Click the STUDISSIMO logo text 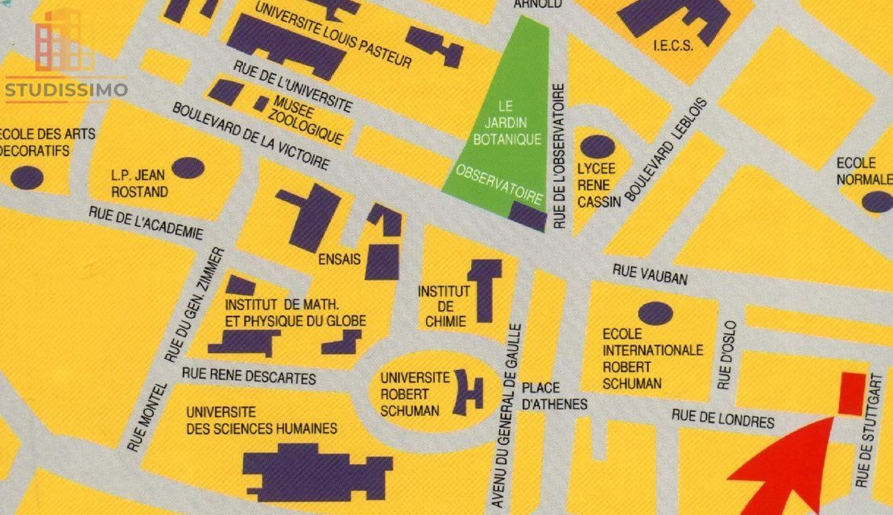66,89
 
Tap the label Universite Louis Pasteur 333,35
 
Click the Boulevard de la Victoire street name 250,136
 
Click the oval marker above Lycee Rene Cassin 597,146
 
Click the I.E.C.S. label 673,46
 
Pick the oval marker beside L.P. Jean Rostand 188,167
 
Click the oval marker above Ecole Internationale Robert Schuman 655,313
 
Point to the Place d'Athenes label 554,396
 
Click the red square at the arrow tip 852,393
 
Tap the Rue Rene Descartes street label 249,375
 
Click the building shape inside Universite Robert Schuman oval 468,392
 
